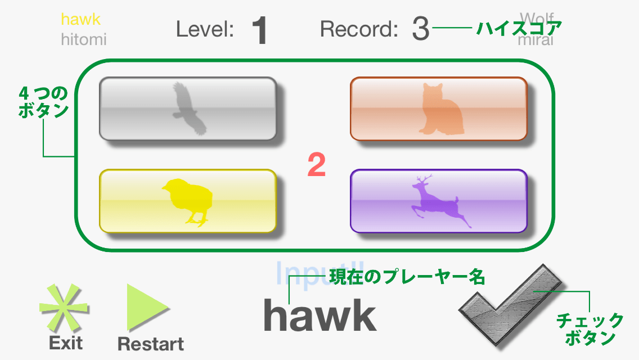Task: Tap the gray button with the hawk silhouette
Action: coord(188,109)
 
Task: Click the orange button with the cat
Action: coord(439,109)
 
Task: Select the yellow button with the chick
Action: coord(188,201)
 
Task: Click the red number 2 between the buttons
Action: coord(317,165)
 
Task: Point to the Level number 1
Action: coord(259,30)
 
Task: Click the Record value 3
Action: coord(420,29)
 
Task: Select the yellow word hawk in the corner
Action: coord(81,19)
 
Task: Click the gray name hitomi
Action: coord(83,39)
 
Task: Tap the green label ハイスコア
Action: coord(519,28)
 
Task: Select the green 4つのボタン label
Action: coord(43,101)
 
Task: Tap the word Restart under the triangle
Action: coord(151,344)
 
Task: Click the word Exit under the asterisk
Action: coord(66,343)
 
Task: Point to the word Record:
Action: coord(359,29)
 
